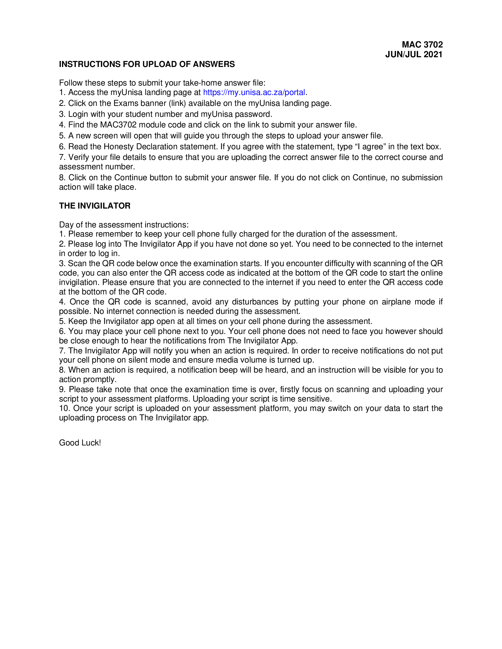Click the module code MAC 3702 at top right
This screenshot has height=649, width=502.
tap(422, 45)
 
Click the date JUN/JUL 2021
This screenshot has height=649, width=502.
tap(414, 54)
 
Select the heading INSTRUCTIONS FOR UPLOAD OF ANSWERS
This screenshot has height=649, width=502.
tap(147, 64)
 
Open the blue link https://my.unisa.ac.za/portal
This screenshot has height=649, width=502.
tap(254, 92)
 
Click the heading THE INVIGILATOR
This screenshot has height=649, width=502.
tap(94, 206)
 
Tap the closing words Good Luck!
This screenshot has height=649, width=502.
tap(80, 443)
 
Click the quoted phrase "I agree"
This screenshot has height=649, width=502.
tap(365, 147)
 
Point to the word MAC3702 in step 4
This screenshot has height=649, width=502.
tap(118, 125)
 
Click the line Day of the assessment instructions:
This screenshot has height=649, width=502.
tap(124, 225)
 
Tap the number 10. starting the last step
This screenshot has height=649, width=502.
tap(64, 408)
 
